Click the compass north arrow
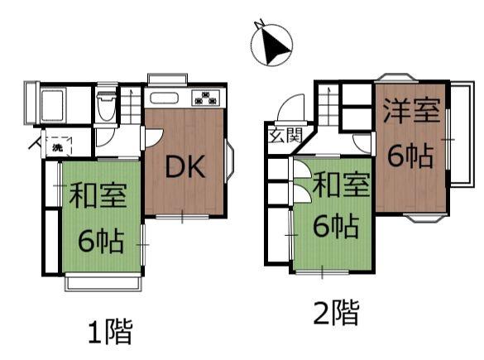(x=272, y=42)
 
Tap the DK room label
(x=184, y=167)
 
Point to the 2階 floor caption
(x=336, y=313)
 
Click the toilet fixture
(x=105, y=106)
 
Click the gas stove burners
(x=205, y=98)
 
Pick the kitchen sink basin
(x=163, y=98)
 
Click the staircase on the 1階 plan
(x=131, y=104)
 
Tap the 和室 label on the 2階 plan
(x=339, y=185)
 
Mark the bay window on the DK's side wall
(x=230, y=161)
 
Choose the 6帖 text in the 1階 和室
(x=101, y=240)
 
